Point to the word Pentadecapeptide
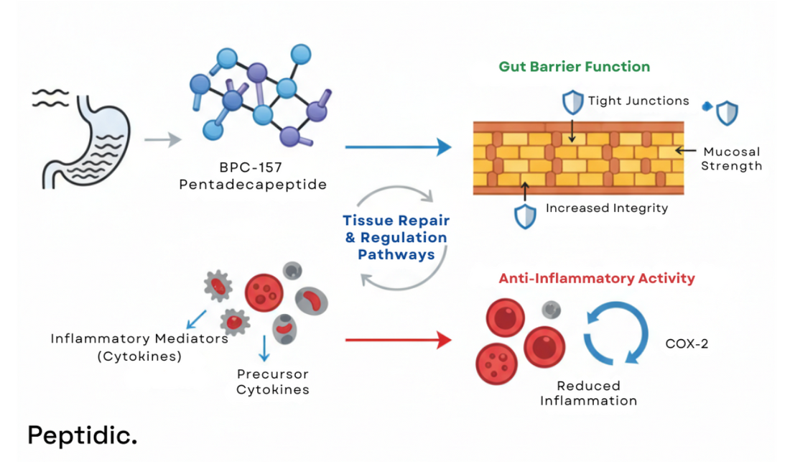(x=252, y=185)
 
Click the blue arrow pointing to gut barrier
(x=398, y=148)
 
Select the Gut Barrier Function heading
(x=574, y=67)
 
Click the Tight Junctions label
(x=638, y=101)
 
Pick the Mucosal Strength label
(x=732, y=159)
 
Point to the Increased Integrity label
(x=606, y=208)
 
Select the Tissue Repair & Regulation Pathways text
(x=394, y=237)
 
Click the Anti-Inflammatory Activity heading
(x=597, y=278)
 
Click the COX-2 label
(x=687, y=343)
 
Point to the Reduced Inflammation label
(x=588, y=393)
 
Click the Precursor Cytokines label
(x=272, y=382)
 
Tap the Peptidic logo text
(x=82, y=434)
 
